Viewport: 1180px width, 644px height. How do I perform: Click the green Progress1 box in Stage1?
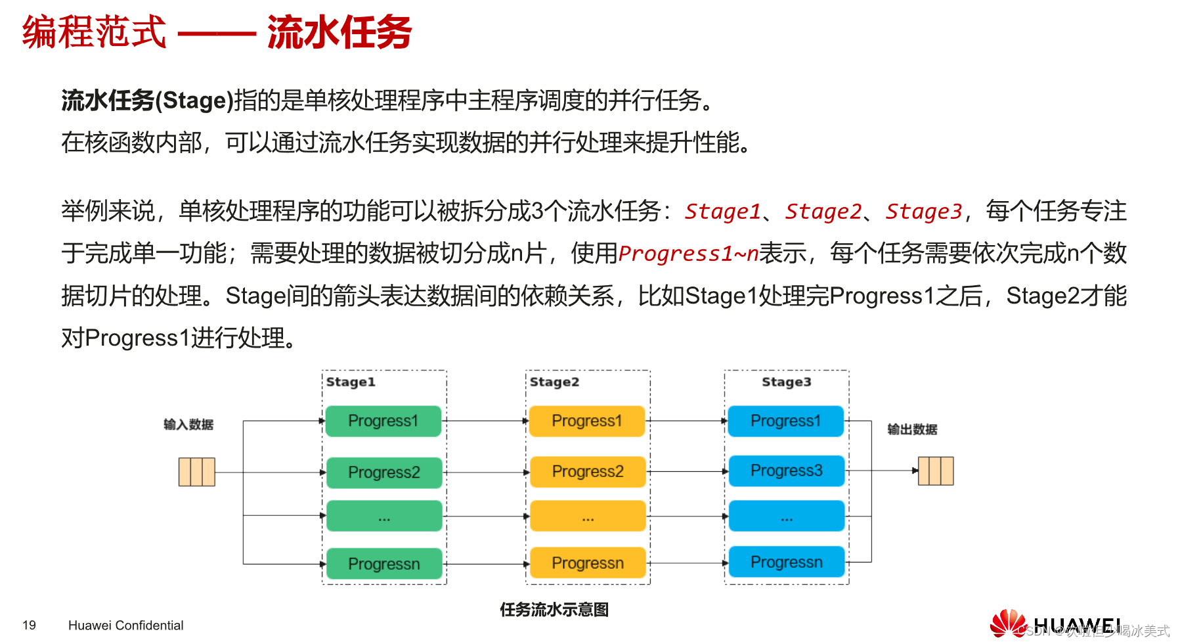(383, 421)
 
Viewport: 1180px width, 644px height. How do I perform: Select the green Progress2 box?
(383, 472)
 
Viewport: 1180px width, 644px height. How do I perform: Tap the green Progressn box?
(383, 564)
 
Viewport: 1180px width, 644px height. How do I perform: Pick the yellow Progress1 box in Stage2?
(587, 421)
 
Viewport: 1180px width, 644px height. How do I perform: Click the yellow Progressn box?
(587, 563)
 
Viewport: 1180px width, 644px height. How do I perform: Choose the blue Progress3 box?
(786, 471)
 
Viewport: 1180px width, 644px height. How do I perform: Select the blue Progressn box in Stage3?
(786, 563)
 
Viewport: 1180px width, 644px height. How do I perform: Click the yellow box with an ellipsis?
(587, 517)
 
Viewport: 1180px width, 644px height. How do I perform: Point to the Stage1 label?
(351, 382)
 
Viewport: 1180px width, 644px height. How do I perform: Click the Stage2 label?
(554, 382)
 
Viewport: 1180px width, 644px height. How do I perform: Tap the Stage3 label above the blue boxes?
(786, 382)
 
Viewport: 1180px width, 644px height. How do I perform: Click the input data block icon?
(197, 472)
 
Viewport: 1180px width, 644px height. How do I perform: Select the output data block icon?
(936, 471)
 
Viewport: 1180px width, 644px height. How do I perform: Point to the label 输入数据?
(188, 425)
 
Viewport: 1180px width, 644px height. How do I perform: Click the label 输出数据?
(912, 430)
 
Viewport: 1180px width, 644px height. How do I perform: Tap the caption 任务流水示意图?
(554, 610)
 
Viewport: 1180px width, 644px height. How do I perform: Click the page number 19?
(29, 626)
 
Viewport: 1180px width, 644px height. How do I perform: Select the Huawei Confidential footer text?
(125, 626)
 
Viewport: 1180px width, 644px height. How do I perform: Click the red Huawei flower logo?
(1008, 624)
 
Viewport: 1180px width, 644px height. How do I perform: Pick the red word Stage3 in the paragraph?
(923, 212)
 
